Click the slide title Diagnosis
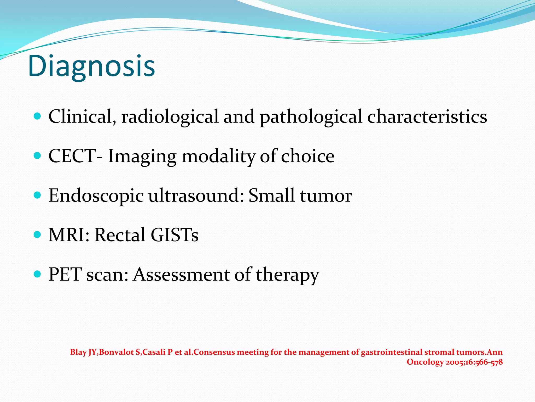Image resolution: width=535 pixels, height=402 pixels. [91, 66]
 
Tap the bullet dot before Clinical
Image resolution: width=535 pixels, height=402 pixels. [38, 116]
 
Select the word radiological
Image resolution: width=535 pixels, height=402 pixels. [170, 116]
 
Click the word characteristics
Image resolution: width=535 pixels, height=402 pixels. [427, 116]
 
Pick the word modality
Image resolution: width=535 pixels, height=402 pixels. [218, 156]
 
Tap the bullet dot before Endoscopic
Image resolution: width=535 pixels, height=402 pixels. [38, 195]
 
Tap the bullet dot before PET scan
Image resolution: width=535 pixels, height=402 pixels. [38, 274]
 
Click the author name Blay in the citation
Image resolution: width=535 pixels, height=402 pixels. [78, 352]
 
